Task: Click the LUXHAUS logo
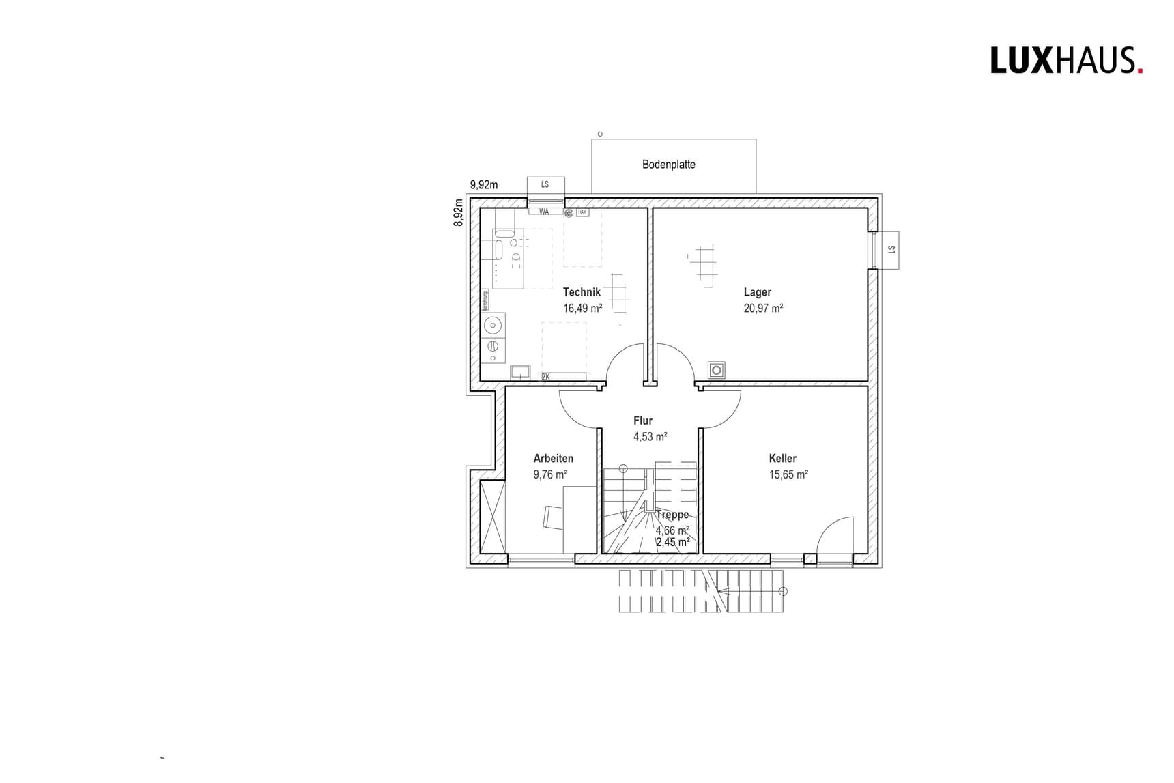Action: coord(1065,61)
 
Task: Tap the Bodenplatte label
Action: coord(668,165)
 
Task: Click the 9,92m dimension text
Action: coord(483,184)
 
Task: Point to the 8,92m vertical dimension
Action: coord(459,212)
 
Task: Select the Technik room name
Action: coord(582,292)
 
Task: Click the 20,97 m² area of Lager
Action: coord(762,309)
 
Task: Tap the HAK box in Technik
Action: coord(582,213)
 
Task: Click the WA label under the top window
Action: coord(544,212)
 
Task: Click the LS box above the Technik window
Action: coord(545,185)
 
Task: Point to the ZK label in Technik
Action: coord(545,377)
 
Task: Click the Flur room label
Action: coord(642,421)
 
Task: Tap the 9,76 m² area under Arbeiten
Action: coord(550,474)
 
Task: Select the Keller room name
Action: coord(782,459)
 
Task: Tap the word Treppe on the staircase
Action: coord(672,515)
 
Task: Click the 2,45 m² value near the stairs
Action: coord(672,543)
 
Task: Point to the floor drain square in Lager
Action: coord(716,370)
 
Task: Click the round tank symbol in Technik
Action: coord(493,324)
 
